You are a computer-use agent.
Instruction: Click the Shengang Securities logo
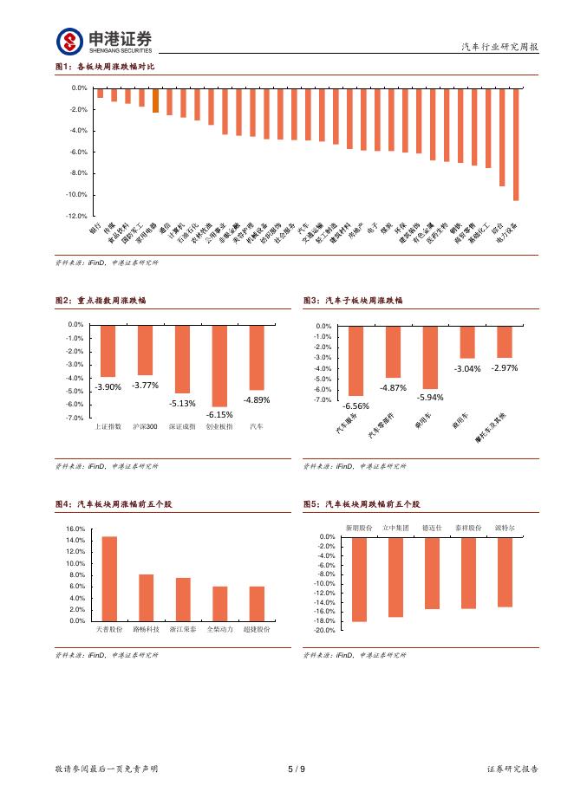point(104,40)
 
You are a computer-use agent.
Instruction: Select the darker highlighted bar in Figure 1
point(155,101)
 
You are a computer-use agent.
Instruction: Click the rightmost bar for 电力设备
point(516,144)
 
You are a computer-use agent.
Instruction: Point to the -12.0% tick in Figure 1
point(77,216)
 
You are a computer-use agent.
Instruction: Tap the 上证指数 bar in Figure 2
point(108,350)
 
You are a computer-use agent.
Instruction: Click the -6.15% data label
point(219,414)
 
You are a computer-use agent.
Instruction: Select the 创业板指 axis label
point(219,427)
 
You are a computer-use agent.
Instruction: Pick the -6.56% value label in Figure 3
point(355,405)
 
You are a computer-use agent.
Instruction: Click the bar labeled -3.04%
point(467,341)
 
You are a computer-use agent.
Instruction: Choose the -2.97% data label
point(504,368)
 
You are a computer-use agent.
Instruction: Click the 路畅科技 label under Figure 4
point(146,630)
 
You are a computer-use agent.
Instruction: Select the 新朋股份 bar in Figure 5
point(359,580)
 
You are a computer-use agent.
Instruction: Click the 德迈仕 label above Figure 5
point(431,528)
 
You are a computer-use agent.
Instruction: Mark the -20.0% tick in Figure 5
point(324,631)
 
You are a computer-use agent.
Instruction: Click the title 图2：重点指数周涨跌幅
point(101,301)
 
